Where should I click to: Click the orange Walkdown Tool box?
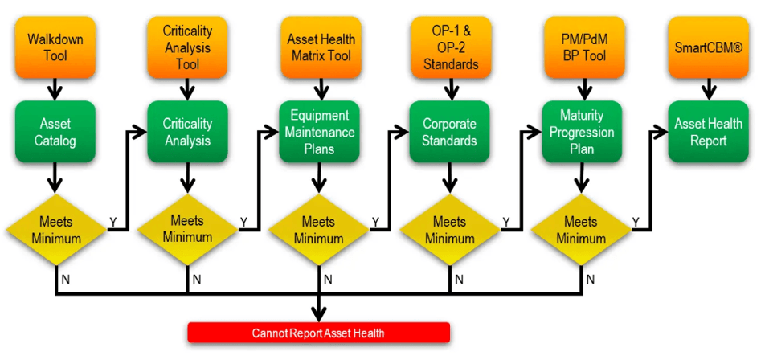[55, 47]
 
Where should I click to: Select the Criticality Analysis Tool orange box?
[187, 47]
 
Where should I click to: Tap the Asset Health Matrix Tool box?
[321, 47]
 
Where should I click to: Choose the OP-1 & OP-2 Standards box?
[450, 47]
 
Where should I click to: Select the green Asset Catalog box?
[55, 132]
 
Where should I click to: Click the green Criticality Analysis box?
[187, 132]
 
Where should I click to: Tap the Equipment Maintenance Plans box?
[319, 132]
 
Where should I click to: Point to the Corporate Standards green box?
[450, 132]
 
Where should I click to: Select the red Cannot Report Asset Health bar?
[318, 333]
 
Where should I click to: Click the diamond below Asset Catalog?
[55, 229]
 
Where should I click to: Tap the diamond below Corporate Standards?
[450, 229]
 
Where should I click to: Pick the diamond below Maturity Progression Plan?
[579, 229]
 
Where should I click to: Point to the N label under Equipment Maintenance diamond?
[328, 279]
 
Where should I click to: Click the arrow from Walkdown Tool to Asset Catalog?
[55, 87]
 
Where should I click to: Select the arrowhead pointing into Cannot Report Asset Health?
[319, 316]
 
